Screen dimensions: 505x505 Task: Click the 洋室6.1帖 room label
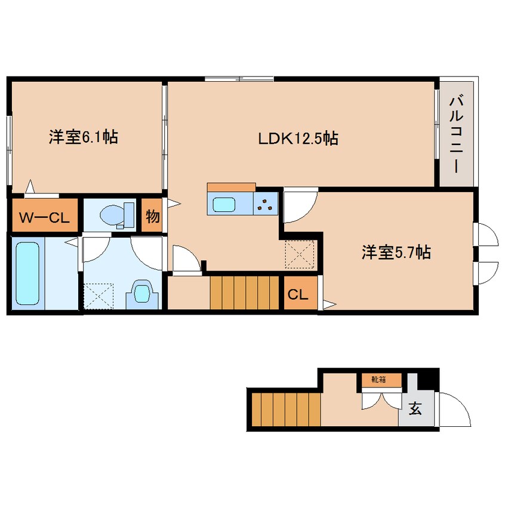coord(84,137)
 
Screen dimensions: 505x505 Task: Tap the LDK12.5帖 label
coord(298,138)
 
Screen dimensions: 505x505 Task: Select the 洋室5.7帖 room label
coord(396,252)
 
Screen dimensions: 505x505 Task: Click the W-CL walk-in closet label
coord(44,218)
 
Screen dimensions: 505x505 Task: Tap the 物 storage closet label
coord(152,216)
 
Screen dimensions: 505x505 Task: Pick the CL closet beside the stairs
coord(298,294)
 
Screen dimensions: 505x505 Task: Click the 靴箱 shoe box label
coord(378,380)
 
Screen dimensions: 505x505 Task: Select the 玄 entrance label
coord(415,409)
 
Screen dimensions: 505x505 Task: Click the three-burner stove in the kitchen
coord(266,204)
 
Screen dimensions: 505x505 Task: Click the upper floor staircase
coord(245,292)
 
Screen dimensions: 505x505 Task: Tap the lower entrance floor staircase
coord(286,409)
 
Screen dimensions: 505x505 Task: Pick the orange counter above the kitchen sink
coord(231,187)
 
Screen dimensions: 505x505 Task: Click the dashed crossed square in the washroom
coord(98,296)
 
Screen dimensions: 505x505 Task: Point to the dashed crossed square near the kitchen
coord(300,254)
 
